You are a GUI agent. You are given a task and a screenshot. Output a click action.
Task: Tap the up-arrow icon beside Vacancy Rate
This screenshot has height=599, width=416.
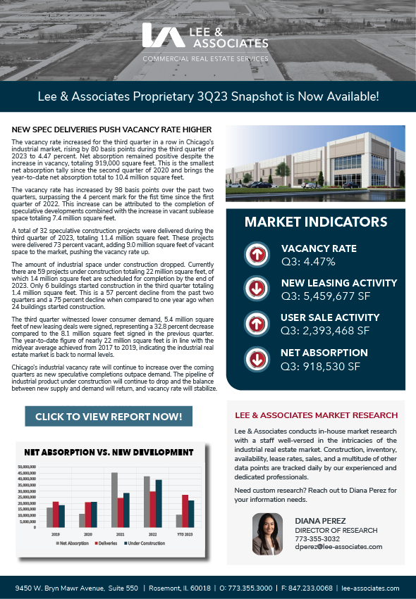tap(256, 254)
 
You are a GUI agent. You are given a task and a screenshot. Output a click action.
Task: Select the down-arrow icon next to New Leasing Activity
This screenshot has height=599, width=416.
tap(256, 289)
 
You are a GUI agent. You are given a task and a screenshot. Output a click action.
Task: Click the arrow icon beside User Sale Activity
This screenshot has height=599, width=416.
tap(256, 323)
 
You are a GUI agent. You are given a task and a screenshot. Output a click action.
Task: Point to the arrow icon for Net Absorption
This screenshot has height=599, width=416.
tap(256, 358)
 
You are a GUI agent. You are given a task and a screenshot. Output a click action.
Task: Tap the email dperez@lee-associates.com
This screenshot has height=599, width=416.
tap(338, 547)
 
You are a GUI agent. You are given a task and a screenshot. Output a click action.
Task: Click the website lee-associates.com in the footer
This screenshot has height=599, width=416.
tap(369, 588)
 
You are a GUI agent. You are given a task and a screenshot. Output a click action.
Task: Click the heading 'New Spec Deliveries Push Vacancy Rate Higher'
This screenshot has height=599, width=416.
tap(112, 130)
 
